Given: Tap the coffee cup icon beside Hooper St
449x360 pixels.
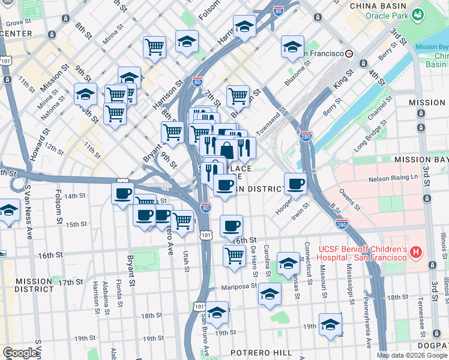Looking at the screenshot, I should click(x=295, y=183).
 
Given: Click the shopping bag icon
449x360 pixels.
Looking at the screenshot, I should click(x=227, y=149).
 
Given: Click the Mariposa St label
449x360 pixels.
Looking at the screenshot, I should click(x=238, y=287).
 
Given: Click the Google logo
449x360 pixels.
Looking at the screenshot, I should click(x=20, y=353).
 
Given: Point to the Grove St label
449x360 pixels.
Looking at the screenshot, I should click(x=18, y=22).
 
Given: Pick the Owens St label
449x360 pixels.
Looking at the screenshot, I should click(x=349, y=201).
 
